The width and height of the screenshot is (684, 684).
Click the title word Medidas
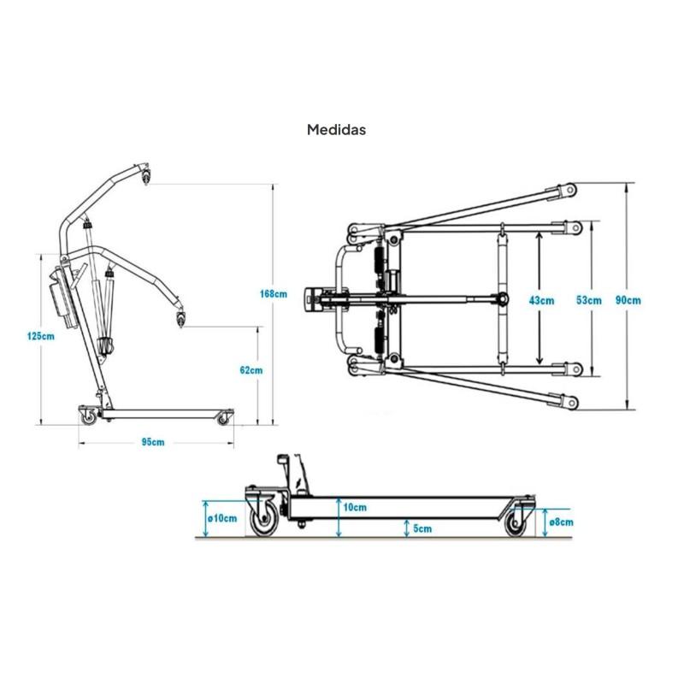(x=336, y=130)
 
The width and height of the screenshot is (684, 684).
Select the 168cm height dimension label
(x=274, y=293)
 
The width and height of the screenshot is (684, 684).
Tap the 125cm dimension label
(x=41, y=336)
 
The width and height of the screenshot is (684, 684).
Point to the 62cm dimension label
(x=251, y=370)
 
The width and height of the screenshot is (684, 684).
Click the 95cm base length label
(x=153, y=442)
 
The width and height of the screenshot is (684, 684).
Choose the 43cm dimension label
(x=541, y=300)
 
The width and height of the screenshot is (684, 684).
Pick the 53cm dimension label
(x=589, y=300)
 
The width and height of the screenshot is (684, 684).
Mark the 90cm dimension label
(x=628, y=300)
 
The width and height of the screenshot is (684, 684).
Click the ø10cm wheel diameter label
(x=222, y=518)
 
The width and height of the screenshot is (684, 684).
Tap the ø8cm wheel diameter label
(x=561, y=522)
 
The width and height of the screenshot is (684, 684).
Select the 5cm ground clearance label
(x=422, y=528)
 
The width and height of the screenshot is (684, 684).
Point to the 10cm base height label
(x=355, y=507)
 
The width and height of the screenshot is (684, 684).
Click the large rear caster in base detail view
(x=263, y=518)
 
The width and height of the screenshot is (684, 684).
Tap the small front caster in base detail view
(x=516, y=522)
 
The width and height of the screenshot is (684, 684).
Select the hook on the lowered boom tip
(x=180, y=317)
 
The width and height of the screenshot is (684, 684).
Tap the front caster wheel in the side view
(x=223, y=419)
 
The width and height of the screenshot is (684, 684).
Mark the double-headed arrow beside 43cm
(x=540, y=298)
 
